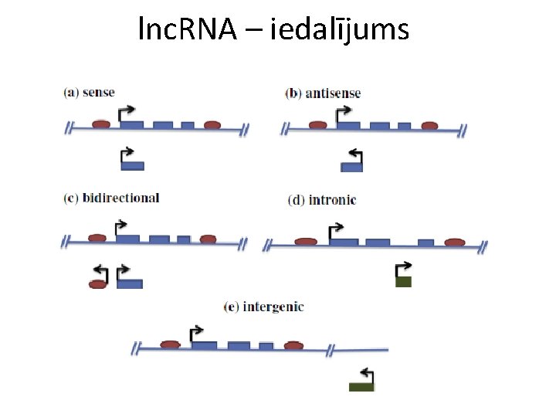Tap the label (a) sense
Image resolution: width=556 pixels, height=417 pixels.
89,93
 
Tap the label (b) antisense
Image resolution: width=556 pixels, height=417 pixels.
323,93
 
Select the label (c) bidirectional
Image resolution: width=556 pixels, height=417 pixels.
111,198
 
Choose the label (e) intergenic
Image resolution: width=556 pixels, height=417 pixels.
263,307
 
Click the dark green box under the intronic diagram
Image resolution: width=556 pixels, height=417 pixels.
403,282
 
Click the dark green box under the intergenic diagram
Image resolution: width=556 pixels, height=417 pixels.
361,386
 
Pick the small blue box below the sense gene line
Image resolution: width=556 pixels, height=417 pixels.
133,165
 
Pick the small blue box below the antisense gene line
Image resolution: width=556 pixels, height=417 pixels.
352,166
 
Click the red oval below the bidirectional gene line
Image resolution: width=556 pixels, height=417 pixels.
97,284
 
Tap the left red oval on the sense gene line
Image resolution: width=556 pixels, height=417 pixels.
100,124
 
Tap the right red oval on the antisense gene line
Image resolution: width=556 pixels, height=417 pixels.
429,125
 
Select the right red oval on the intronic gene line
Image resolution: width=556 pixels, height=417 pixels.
455,242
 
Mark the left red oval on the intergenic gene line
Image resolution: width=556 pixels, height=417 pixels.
170,344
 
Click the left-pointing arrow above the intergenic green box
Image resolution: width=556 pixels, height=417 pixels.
368,375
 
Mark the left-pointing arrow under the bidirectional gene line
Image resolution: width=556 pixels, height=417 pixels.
100,272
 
